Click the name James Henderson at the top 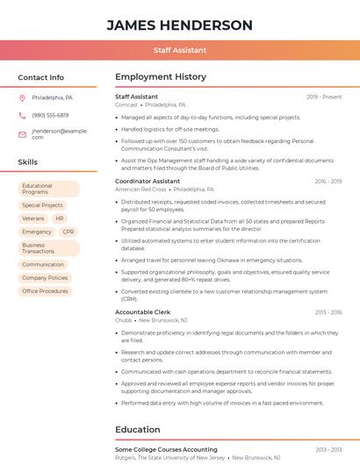(x=179, y=25)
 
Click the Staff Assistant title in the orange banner (x=179, y=51)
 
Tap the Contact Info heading (x=41, y=77)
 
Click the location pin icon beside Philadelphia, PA (x=22, y=98)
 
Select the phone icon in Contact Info (x=22, y=115)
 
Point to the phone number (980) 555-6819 (x=50, y=115)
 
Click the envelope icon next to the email (x=22, y=134)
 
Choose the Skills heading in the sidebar (x=28, y=162)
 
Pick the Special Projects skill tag (x=42, y=205)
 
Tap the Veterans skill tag (x=33, y=218)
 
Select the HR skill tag (x=60, y=218)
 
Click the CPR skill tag (x=68, y=232)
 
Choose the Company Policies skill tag (x=45, y=278)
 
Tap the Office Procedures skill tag (x=45, y=291)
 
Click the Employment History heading (x=160, y=77)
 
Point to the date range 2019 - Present (x=324, y=97)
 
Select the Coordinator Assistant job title (x=147, y=181)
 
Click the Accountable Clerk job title (x=141, y=312)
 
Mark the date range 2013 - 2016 (x=328, y=312)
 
